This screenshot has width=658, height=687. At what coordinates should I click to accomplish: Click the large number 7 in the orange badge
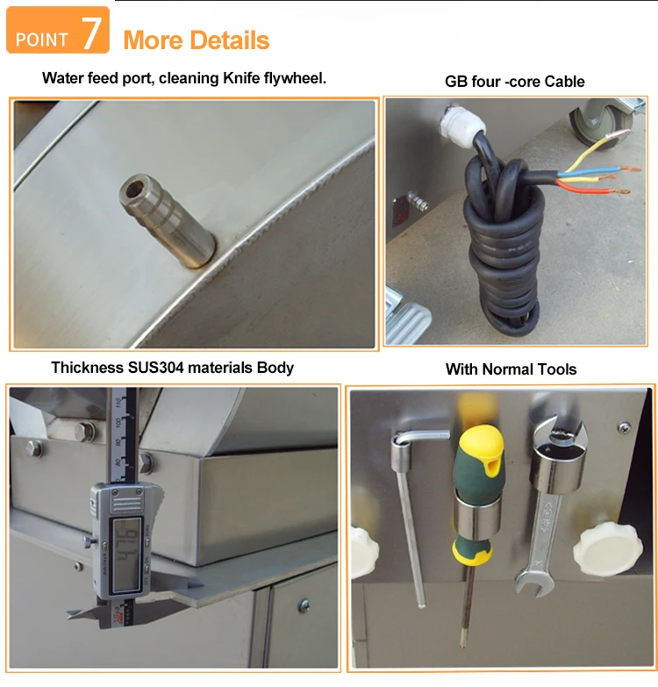pos(91,33)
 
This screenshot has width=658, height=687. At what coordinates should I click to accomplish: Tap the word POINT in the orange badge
pos(41,39)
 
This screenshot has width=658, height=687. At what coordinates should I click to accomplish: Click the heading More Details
pos(197,40)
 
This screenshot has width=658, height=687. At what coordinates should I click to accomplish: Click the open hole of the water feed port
pos(133,189)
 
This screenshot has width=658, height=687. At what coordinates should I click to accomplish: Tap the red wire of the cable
pos(591,188)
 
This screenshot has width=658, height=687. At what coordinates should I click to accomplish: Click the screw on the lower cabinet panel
pos(304,605)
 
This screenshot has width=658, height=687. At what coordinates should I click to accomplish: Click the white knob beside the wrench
pos(607,548)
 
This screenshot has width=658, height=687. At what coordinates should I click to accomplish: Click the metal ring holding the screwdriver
pos(477,516)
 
